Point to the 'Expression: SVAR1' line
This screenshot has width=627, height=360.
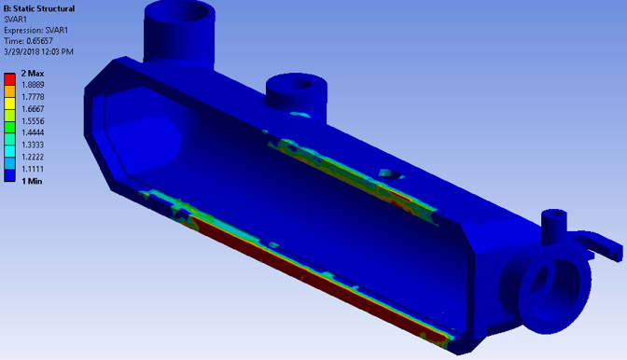[35, 30]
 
